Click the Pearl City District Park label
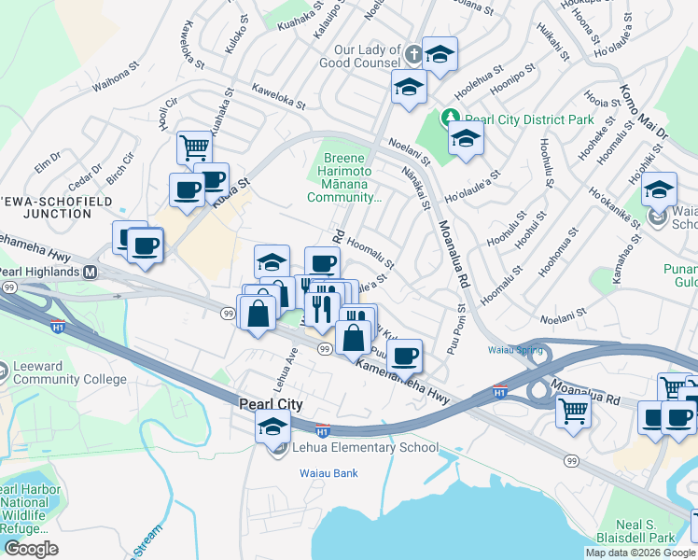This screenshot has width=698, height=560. pos(529,120)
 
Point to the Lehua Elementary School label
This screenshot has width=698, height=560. pos(365,448)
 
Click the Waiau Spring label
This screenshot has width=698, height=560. pos(508,351)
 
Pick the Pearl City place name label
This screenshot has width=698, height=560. pos(271,404)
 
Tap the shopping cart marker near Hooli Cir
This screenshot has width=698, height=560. pos(194,147)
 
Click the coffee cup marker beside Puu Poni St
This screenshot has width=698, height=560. pos(404,356)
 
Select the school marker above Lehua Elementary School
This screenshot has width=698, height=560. pos(272,426)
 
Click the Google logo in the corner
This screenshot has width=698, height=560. pos(31,549)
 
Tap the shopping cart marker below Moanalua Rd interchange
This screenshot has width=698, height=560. pos(573,411)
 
